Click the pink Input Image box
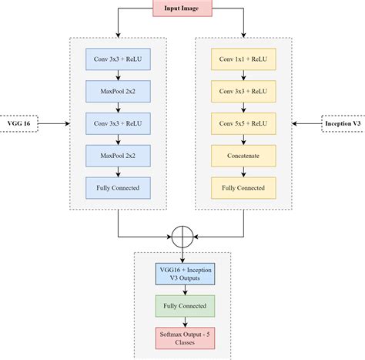182,8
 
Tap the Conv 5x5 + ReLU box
243,122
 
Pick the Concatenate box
243,155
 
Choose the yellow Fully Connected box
243,187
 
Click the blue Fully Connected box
118,187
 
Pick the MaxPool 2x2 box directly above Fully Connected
118,155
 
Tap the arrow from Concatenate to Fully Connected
243,171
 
